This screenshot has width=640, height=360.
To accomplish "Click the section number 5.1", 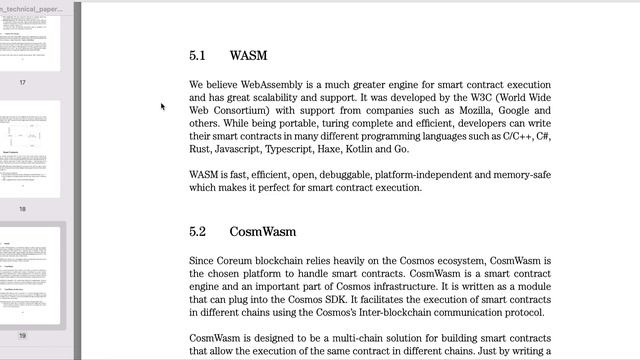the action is coord(197,56).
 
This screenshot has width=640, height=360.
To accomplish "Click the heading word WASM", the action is coord(248,56).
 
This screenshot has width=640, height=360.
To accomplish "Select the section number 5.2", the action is coord(197,232).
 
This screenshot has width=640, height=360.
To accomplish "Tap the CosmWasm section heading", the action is coord(263,232).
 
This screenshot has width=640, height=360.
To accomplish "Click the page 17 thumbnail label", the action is coord(23,82).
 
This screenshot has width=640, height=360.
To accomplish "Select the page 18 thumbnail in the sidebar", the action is coord(23,150).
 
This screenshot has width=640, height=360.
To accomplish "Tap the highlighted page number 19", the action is coord(23,336).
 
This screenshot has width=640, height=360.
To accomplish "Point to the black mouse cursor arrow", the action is coord(162,105).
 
